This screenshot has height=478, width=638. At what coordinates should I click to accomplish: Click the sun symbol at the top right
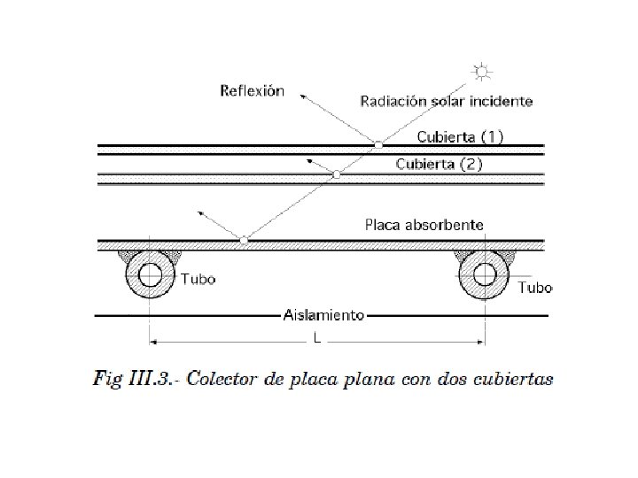click(481, 72)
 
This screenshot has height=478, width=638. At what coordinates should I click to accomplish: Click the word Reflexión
click(252, 91)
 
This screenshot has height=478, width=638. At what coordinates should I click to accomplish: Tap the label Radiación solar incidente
click(447, 101)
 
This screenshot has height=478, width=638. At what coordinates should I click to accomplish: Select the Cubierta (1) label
click(461, 137)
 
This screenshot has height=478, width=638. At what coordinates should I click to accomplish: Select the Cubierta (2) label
click(440, 164)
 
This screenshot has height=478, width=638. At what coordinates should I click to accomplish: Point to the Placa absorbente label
click(424, 225)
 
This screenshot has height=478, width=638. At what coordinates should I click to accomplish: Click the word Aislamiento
click(324, 314)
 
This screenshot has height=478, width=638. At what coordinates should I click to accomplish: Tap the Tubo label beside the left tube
click(198, 280)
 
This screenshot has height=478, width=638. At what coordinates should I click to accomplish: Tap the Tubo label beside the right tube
click(535, 288)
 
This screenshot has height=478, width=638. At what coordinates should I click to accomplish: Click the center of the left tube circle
click(150, 278)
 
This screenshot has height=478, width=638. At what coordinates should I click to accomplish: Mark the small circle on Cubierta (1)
click(378, 144)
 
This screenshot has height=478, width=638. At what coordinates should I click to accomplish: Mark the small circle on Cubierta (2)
click(336, 175)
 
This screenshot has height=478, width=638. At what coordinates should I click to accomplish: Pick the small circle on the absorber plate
click(245, 240)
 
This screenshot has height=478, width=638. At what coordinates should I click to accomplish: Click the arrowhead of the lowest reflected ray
click(201, 212)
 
